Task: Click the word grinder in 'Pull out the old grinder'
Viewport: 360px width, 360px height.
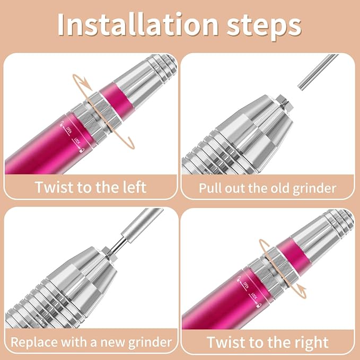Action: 318,188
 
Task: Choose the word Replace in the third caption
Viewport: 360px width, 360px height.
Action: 32,341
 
